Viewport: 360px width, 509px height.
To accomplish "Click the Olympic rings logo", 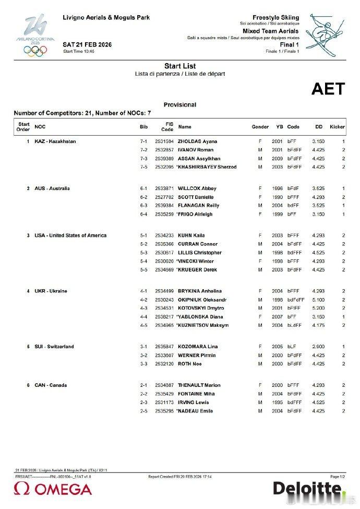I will [x=35, y=50].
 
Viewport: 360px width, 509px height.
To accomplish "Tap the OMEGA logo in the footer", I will [x=53, y=489].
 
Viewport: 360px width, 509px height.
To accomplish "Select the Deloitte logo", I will [x=308, y=489].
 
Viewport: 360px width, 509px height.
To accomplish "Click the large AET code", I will [x=328, y=89].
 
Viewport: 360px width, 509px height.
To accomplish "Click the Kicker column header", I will [x=337, y=127].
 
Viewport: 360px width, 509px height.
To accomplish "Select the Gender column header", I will [x=260, y=127].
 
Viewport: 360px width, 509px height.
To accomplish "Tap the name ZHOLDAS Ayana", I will [x=198, y=141].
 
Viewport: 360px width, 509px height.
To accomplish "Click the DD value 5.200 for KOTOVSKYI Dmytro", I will [x=318, y=308].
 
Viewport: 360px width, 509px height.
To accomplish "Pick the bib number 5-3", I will [x=143, y=253].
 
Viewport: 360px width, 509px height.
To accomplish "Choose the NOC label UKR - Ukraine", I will [x=51, y=291].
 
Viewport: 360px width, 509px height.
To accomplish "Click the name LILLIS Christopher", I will [x=200, y=253].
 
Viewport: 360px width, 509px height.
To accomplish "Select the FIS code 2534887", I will [x=164, y=385].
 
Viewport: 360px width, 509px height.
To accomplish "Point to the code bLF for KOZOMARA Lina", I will [x=291, y=347].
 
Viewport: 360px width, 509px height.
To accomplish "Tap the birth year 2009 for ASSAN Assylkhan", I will [x=277, y=158].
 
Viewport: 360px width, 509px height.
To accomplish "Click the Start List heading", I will [x=180, y=66].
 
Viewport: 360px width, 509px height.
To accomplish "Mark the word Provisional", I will [x=180, y=104].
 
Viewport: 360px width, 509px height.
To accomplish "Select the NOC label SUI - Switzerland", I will [x=54, y=347].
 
